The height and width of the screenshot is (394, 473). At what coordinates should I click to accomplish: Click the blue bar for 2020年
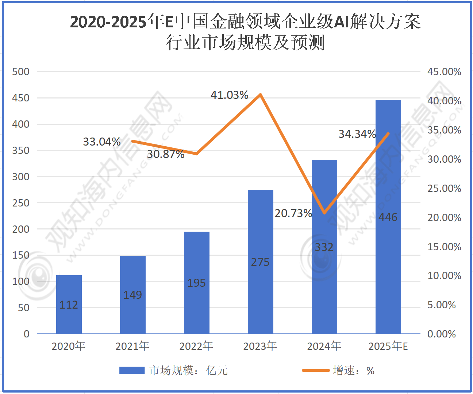point(69,304)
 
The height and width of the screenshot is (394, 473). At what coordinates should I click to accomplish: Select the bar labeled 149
point(132,294)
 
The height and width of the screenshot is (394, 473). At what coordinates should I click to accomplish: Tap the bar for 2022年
point(196,282)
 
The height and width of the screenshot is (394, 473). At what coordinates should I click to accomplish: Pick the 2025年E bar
point(388,217)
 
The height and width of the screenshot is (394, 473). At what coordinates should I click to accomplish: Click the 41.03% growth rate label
point(229,95)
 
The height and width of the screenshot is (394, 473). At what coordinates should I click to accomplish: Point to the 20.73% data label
point(293,213)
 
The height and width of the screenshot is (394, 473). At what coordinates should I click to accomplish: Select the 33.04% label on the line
point(101,142)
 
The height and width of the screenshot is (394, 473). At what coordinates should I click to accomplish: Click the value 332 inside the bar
point(324,247)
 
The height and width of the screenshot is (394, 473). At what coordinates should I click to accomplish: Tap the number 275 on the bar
point(260,262)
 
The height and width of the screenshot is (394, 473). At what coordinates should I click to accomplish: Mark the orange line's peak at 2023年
point(260,94)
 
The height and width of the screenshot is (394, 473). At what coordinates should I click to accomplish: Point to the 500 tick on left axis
point(21,72)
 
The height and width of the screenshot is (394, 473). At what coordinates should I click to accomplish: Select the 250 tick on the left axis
point(21,203)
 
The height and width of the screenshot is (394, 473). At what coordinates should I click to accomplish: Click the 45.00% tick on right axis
point(444,72)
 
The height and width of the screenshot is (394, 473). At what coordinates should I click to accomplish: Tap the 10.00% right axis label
point(444,276)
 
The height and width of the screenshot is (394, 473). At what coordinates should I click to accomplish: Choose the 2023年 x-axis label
point(260,346)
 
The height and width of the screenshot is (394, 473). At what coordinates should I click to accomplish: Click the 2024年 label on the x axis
point(324,346)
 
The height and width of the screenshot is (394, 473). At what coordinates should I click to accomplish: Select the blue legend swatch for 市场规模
point(132,371)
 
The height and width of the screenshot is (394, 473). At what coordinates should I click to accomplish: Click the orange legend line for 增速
point(316,371)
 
